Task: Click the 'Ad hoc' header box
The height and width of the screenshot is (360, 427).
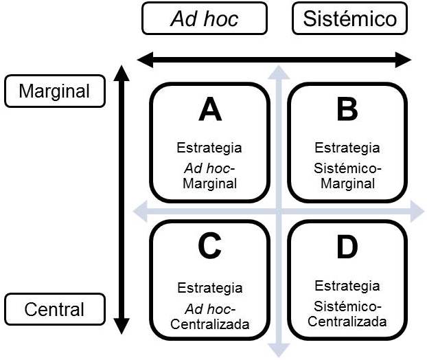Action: click(x=204, y=19)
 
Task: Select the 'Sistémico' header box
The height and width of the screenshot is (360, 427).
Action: click(x=349, y=19)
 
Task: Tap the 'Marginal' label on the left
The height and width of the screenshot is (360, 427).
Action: click(x=54, y=91)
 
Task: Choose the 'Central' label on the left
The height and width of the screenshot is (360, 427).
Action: click(x=54, y=309)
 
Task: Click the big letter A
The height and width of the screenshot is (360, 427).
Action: click(x=209, y=110)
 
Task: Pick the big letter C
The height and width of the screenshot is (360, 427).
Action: click(x=209, y=248)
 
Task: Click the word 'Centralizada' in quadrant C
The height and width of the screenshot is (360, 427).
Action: click(x=209, y=324)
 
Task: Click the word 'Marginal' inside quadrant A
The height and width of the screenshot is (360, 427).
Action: click(x=209, y=183)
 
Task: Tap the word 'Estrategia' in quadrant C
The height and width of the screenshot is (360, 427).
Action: click(x=209, y=289)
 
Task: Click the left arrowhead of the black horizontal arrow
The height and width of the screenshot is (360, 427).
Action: click(x=144, y=60)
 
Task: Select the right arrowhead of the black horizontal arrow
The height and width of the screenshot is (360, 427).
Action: click(x=404, y=60)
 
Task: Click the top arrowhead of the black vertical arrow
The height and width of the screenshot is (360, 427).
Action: click(x=121, y=72)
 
